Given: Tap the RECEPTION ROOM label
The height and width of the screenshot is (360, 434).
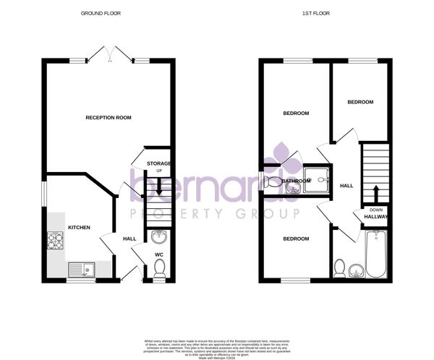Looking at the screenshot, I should click(109, 117).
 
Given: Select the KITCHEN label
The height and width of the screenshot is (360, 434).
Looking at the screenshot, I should click(79, 228).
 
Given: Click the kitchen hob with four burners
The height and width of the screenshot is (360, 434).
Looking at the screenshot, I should click(56, 241).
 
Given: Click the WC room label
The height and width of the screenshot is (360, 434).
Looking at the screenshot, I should click(159, 254).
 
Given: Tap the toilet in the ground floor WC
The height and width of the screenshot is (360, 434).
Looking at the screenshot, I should click(159, 269).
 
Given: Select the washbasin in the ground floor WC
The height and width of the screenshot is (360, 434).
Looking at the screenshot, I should click(159, 237).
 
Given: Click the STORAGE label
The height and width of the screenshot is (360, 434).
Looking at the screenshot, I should click(159, 163).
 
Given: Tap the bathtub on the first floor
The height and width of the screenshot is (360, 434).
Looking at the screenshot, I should click(376, 254).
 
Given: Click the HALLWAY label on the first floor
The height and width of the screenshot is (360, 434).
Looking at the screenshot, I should click(376, 215).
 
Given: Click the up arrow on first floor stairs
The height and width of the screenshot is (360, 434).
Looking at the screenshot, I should click(375, 194).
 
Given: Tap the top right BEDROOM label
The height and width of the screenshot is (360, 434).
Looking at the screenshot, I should click(360, 102).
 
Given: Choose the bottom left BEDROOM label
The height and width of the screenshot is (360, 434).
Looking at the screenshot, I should click(296, 239).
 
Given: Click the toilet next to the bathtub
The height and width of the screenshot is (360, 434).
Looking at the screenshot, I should click(339, 267).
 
